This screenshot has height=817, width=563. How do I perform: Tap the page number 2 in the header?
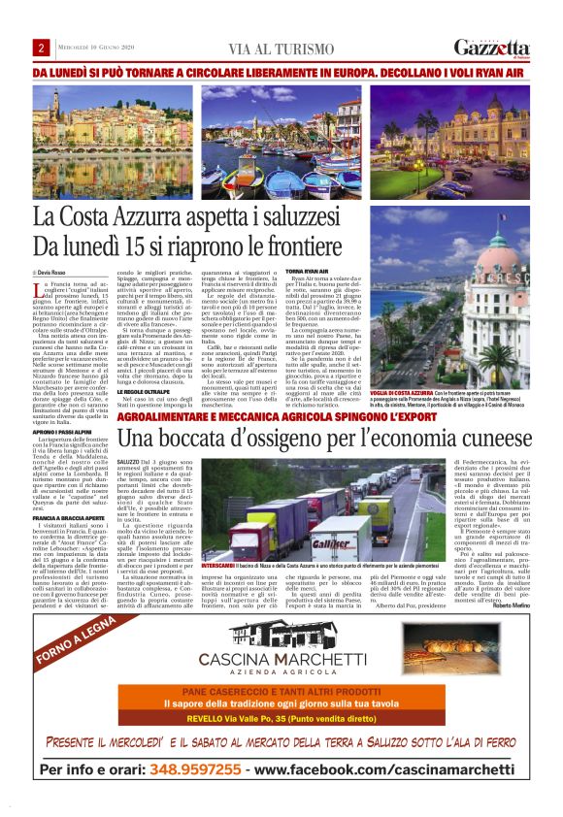42,49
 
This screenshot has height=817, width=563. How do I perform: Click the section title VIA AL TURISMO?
281,49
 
